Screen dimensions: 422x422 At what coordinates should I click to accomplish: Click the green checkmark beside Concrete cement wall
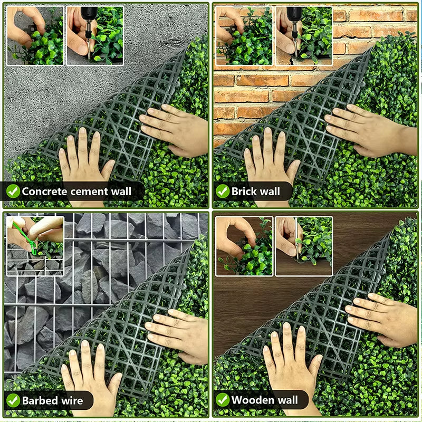click(x=13, y=191)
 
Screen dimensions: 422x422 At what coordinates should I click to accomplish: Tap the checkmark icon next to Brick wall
click(x=223, y=191)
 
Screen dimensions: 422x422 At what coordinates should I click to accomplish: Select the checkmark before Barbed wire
click(x=13, y=400)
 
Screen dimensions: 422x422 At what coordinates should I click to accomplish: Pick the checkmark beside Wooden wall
click(x=223, y=400)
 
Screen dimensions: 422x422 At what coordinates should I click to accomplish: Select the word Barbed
click(x=40, y=400)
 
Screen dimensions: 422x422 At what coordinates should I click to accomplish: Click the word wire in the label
click(x=71, y=400)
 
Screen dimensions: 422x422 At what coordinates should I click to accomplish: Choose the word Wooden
click(x=251, y=400)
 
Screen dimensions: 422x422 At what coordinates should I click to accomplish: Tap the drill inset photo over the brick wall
click(x=304, y=35)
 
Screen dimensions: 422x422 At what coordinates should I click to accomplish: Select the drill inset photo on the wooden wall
click(x=304, y=246)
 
